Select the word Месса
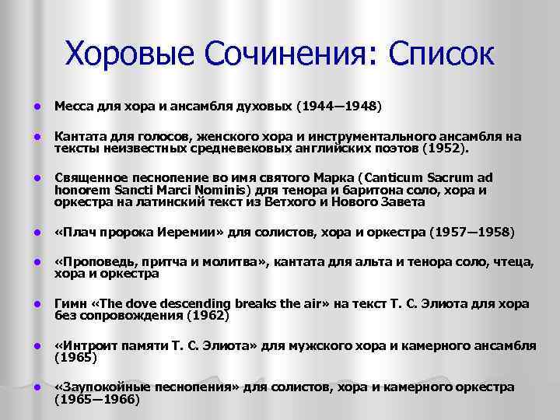coord(72,103)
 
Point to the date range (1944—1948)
coord(341,103)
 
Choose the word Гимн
coord(70,303)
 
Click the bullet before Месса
coord(26,104)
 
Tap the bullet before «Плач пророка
coord(26,232)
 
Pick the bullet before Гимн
coord(26,303)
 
